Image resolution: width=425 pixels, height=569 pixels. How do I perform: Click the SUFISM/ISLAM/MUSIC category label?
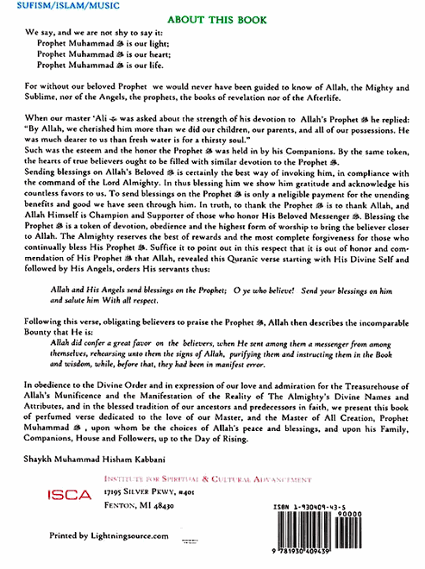coord(44,5)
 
